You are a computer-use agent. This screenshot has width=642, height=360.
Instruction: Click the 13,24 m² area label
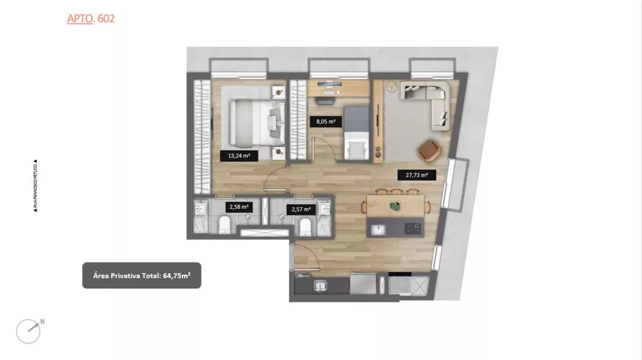[x=239, y=155]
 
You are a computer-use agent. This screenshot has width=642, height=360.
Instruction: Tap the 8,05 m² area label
[x=325, y=120]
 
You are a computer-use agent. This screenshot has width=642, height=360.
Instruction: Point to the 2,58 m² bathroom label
[x=239, y=207]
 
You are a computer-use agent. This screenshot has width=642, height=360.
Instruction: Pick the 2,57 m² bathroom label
[x=301, y=209]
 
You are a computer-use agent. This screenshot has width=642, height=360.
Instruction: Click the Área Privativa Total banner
[x=141, y=275]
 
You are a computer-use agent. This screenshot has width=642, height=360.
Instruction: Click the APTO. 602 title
[x=91, y=19]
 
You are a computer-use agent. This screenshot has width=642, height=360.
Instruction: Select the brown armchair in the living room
[x=428, y=150]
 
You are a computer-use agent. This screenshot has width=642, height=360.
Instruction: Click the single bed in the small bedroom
[x=355, y=133]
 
